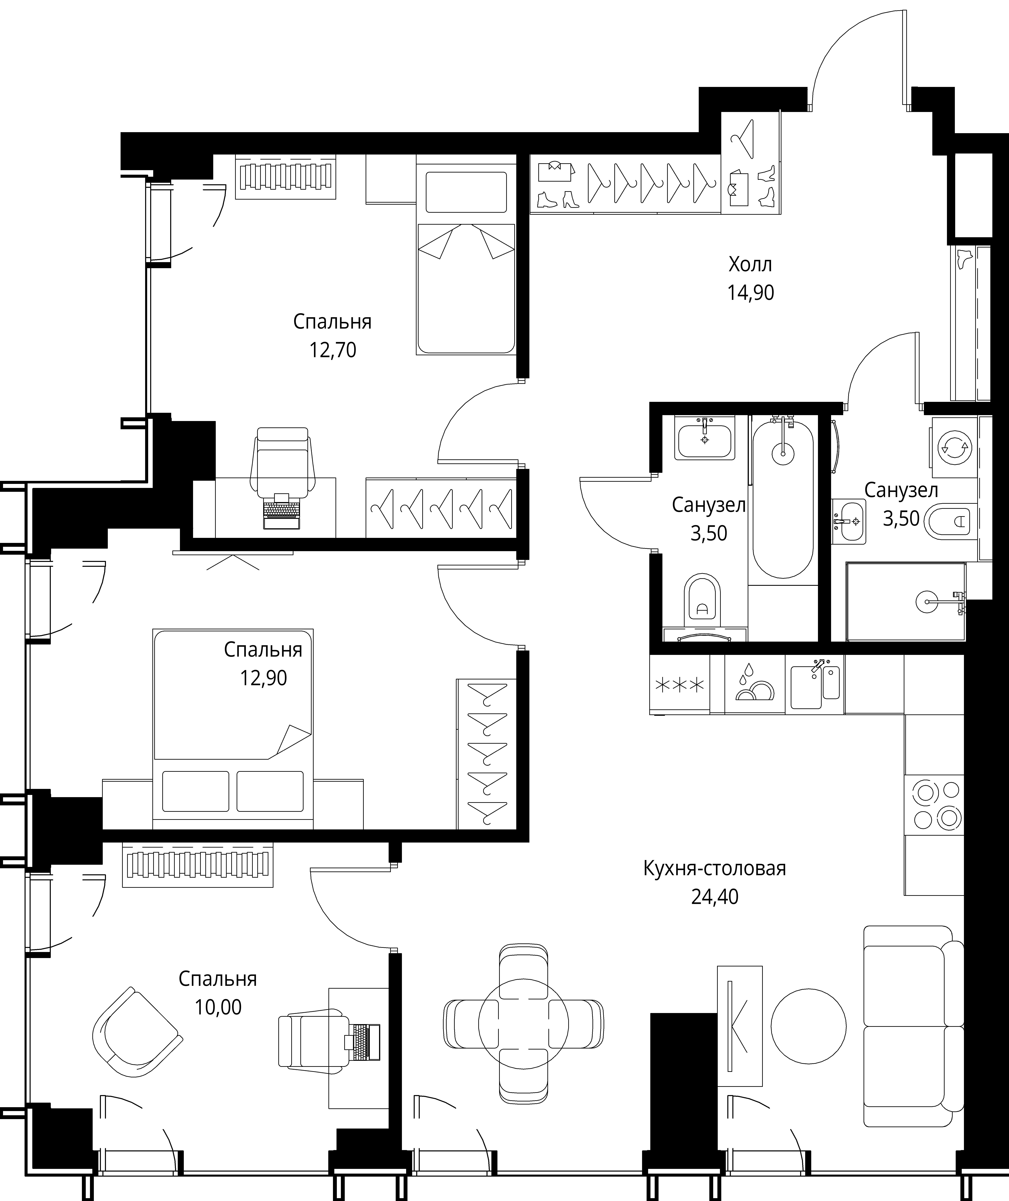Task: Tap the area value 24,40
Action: tap(714, 896)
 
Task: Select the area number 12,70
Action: tap(332, 349)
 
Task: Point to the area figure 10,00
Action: tap(218, 1007)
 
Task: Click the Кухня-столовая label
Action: tap(714, 868)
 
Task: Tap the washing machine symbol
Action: tap(954, 447)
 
